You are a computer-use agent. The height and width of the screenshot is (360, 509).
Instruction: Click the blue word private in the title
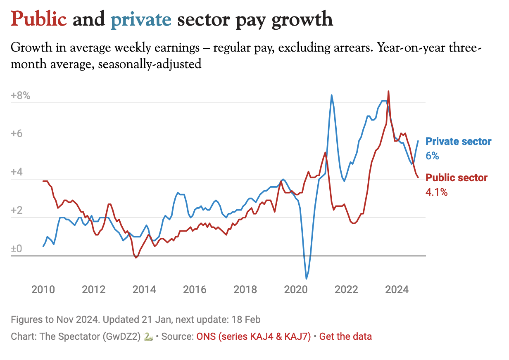(x=140, y=19)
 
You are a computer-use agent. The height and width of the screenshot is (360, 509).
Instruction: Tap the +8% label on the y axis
(x=21, y=96)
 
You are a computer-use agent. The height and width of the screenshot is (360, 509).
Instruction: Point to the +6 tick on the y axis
(x=18, y=135)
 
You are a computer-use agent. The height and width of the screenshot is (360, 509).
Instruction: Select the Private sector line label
(x=458, y=142)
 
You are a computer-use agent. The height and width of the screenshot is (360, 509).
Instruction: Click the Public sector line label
(x=457, y=178)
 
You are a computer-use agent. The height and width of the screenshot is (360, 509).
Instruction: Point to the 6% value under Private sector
(x=432, y=156)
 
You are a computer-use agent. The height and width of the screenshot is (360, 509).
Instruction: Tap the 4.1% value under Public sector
(x=436, y=192)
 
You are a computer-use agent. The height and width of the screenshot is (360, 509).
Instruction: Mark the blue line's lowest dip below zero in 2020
(x=307, y=279)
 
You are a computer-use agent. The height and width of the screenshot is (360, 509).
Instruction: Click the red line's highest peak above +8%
(x=388, y=92)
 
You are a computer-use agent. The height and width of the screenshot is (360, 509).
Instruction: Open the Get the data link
(x=345, y=336)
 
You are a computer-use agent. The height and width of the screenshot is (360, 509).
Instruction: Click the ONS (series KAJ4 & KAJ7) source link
(x=253, y=336)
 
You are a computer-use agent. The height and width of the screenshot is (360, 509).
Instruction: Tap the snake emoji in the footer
(x=148, y=337)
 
